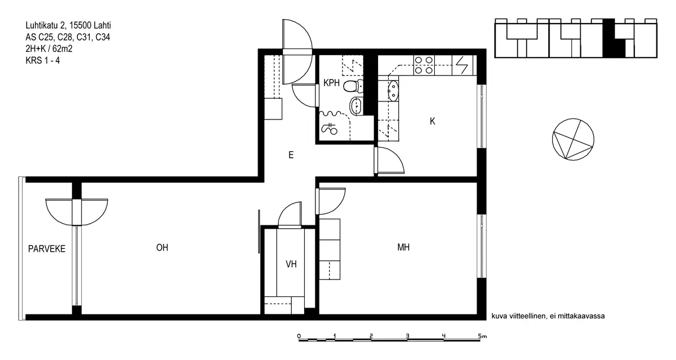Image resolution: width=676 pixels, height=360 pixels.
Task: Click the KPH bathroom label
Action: (331, 83)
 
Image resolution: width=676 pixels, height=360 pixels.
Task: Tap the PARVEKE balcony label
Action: (47, 248)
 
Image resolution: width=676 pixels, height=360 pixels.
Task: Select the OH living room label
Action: (162, 248)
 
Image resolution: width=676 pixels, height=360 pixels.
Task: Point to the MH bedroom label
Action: (403, 247)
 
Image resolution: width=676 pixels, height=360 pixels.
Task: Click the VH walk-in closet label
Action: (291, 264)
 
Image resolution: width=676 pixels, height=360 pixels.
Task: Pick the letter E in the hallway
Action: (291, 155)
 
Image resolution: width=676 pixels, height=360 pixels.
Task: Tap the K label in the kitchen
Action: (433, 121)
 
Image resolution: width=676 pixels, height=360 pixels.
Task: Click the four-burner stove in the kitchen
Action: (424, 65)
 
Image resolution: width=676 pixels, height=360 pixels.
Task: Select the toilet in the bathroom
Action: (353, 86)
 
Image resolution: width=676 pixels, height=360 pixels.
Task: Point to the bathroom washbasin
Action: (356, 106)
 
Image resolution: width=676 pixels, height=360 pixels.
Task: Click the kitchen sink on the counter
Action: (393, 91)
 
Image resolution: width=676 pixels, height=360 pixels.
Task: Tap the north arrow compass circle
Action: (573, 139)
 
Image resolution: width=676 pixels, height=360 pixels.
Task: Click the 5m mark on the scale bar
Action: (483, 336)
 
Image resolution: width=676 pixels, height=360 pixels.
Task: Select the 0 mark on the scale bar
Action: (299, 336)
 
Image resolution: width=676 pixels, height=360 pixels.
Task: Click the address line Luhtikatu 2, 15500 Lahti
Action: (68, 25)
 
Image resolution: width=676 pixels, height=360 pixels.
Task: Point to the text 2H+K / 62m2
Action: (49, 48)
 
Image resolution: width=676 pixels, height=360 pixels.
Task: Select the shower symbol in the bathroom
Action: (329, 129)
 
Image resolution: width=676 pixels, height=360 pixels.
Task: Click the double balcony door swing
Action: (77, 212)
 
